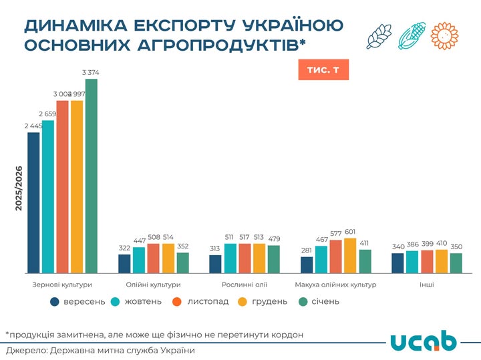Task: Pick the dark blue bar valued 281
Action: (x=307, y=264)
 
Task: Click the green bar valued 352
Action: (x=183, y=262)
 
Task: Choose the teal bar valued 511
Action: (x=230, y=258)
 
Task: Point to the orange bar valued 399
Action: (x=427, y=261)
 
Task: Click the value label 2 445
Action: (x=33, y=126)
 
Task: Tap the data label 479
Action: (x=274, y=238)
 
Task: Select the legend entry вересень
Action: (x=77, y=301)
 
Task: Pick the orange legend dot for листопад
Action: (x=178, y=301)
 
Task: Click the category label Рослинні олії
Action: (x=245, y=285)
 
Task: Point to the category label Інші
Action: (x=426, y=285)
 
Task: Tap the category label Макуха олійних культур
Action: (x=335, y=285)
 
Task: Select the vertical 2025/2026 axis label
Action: (x=19, y=188)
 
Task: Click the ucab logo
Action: (x=423, y=341)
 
